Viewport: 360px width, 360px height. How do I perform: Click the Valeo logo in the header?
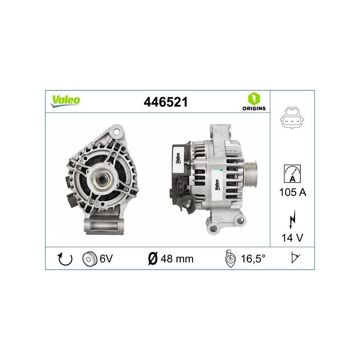pos(65,101)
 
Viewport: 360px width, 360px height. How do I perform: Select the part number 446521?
pos(165,102)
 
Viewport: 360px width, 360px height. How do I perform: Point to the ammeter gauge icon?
pos(292,173)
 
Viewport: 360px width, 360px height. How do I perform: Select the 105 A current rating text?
pos(292,193)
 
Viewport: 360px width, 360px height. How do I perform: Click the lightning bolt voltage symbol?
pos(292,221)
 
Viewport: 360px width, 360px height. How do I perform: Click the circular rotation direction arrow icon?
pos(66,259)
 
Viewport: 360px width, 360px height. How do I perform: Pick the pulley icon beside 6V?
pos(90,259)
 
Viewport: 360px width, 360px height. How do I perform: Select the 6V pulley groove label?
pos(107,259)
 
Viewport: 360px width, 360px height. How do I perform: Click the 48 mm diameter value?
pos(177,259)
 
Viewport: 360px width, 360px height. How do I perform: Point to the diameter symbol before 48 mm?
pos(153,259)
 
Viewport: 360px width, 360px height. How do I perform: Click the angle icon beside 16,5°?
pos(229,259)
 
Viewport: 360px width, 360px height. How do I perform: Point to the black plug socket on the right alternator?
pos(180,187)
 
